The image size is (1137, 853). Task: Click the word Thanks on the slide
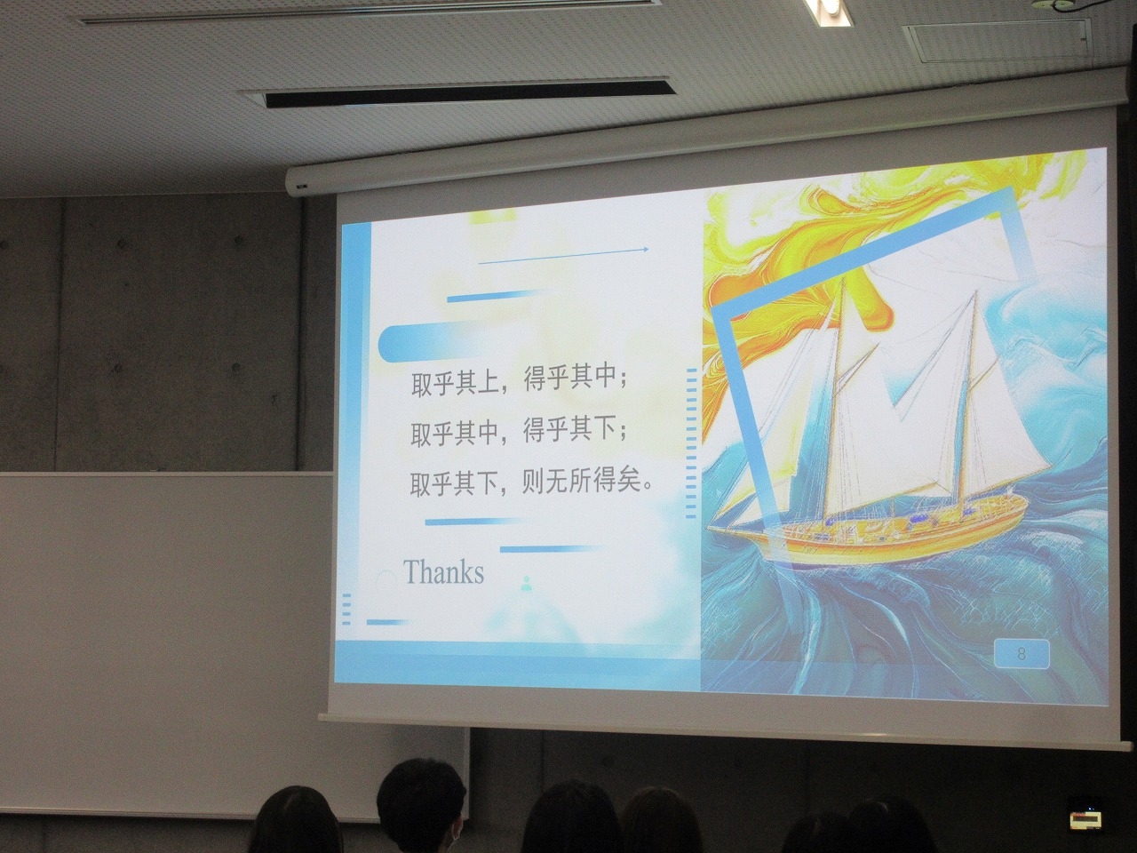(443, 571)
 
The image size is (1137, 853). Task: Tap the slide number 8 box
(1022, 654)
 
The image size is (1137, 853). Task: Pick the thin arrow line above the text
(563, 257)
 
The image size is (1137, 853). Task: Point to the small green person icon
(527, 583)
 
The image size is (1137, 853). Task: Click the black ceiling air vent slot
(469, 92)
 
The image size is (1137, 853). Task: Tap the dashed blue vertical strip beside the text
(691, 443)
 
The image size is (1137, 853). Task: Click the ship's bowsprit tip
(709, 528)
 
